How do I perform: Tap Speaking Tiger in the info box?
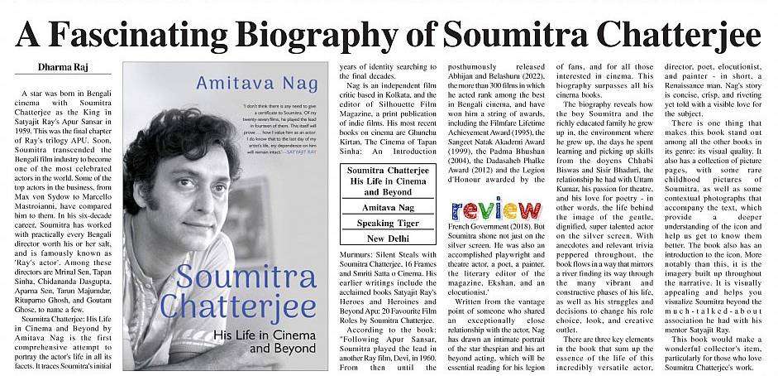(387, 223)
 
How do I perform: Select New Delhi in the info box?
(387, 240)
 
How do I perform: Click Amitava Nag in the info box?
(387, 207)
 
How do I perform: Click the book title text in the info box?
(387, 180)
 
